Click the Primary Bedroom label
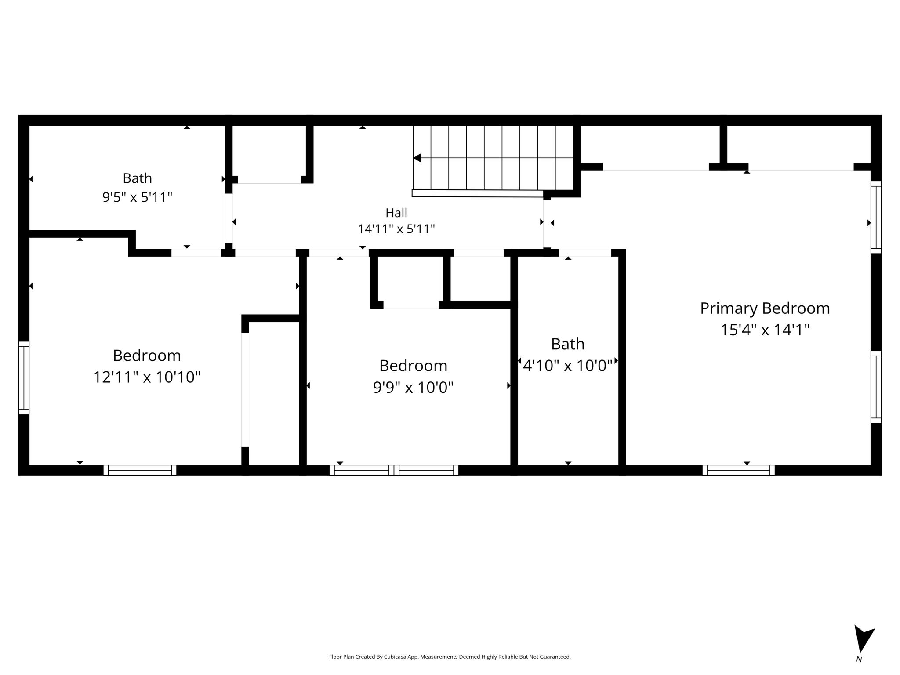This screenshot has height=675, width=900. [x=765, y=309]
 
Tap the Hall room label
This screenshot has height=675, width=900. [x=396, y=213]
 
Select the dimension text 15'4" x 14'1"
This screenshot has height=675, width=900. [x=765, y=330]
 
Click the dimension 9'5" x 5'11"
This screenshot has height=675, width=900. [x=137, y=197]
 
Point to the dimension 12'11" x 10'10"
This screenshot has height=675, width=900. [x=147, y=377]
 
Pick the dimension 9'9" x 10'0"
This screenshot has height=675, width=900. [x=413, y=387]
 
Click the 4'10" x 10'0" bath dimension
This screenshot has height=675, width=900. [x=568, y=365]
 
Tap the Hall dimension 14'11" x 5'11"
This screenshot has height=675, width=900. [x=396, y=229]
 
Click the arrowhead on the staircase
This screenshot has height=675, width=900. [x=417, y=158]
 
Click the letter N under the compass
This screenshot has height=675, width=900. [x=859, y=671]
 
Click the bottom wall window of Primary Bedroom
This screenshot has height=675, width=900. [x=738, y=470]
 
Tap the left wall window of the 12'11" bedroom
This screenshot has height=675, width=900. [x=24, y=378]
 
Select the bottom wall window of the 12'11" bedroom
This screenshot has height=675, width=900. [x=140, y=470]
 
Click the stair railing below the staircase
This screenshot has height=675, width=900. [x=478, y=193]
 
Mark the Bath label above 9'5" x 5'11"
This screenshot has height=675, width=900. [x=137, y=178]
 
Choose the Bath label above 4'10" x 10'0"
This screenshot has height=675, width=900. [x=568, y=344]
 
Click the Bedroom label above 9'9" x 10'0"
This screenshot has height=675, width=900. [x=413, y=366]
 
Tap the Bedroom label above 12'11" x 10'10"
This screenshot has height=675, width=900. [x=147, y=356]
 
